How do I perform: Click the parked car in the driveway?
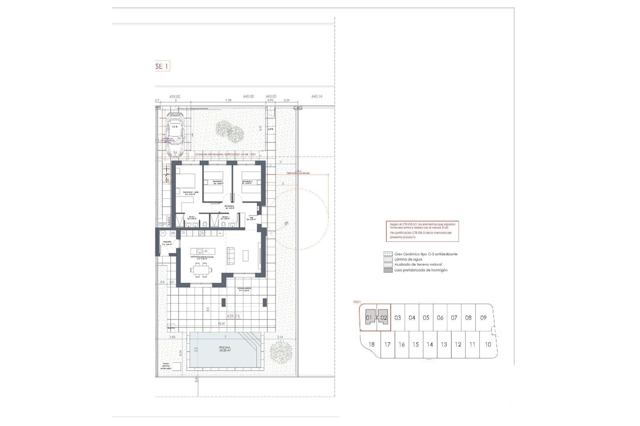pyautogui.click(x=175, y=134)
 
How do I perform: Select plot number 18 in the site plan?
pyautogui.click(x=371, y=344)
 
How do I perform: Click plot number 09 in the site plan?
pyautogui.click(x=483, y=318)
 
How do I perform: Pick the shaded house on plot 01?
pyautogui.click(x=369, y=318)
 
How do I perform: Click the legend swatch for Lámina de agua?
pyautogui.click(x=388, y=259)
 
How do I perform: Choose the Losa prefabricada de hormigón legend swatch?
pyautogui.click(x=388, y=270)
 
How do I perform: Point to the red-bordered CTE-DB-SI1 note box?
pyautogui.click(x=422, y=231)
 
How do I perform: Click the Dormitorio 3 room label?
pyautogui.click(x=247, y=182)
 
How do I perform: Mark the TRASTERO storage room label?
pyautogui.click(x=167, y=243)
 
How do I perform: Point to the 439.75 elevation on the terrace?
pyautogui.click(x=233, y=316)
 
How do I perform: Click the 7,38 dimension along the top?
pyautogui.click(x=228, y=100)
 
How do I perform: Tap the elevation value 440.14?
pyautogui.click(x=317, y=97)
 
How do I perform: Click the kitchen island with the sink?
pyautogui.click(x=203, y=251)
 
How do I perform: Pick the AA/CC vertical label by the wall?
pyautogui.click(x=169, y=221)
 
